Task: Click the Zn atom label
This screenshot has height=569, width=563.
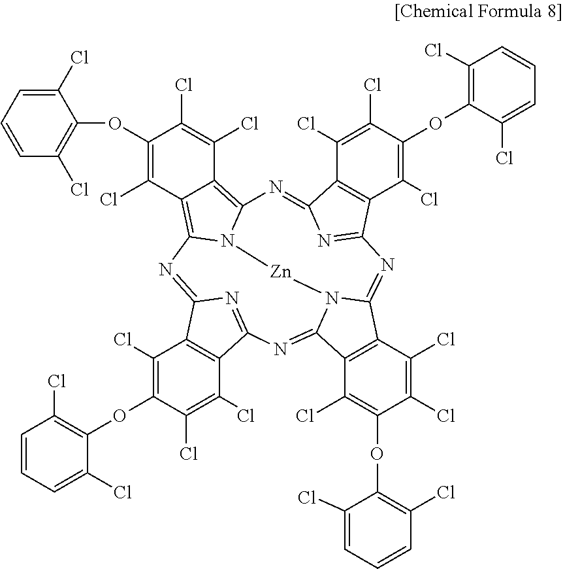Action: (x=281, y=271)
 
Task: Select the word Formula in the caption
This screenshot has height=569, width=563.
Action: (x=510, y=12)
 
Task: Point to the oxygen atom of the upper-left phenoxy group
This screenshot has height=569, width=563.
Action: (x=116, y=124)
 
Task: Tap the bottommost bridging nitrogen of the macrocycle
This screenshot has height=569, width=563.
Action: (x=281, y=349)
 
